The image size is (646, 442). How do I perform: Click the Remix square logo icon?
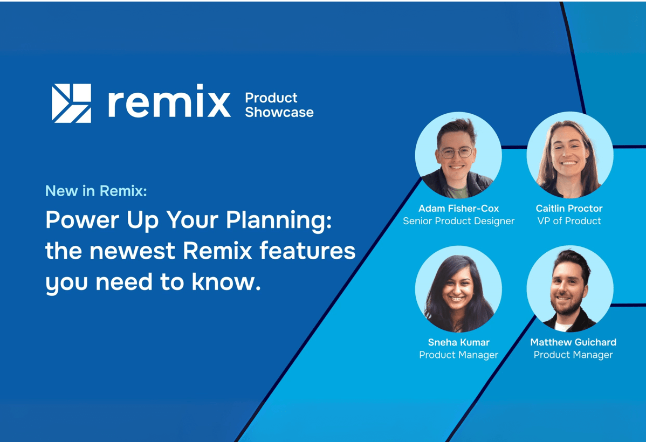tap(71, 103)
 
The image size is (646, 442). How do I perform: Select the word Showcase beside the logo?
tap(279, 112)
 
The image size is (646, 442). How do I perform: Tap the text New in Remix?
tap(96, 191)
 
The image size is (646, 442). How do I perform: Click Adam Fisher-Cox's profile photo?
tap(458, 155)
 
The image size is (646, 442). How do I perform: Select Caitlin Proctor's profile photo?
tap(570, 155)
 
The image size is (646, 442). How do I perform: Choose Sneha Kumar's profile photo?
tap(458, 289)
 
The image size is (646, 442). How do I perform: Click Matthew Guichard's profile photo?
tap(570, 289)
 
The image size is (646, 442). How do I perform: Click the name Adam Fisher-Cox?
tap(458, 209)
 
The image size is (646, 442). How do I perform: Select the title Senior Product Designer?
tap(458, 221)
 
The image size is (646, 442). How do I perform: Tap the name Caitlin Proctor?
tap(569, 209)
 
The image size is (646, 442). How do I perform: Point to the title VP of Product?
tap(569, 221)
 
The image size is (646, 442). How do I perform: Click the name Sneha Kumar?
tap(458, 342)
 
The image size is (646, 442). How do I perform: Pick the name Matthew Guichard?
tap(573, 342)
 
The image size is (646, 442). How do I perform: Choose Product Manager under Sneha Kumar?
tap(458, 355)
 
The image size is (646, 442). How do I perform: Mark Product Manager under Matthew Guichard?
tap(573, 355)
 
